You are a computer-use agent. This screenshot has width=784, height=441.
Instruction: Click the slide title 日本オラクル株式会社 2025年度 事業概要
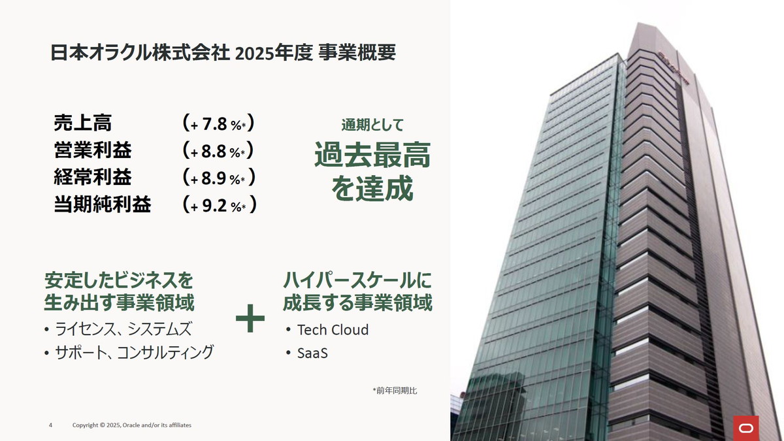[223, 53]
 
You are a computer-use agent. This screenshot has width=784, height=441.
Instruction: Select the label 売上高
[83, 123]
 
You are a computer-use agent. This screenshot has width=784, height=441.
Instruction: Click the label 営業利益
[93, 151]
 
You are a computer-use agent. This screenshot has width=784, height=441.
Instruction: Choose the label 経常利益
[93, 178]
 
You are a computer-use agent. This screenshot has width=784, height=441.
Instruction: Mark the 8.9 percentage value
[215, 178]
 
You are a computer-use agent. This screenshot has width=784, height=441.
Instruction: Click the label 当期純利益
[103, 205]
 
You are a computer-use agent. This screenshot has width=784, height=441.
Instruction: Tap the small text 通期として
[372, 125]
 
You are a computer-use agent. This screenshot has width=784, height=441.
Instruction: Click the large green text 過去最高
[372, 157]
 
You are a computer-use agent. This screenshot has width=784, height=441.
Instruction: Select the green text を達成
[372, 189]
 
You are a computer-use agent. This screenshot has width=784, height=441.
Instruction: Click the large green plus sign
[250, 319]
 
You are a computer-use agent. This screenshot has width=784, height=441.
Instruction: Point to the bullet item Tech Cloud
[333, 330]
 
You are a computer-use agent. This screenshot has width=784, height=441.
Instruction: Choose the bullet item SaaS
[312, 353]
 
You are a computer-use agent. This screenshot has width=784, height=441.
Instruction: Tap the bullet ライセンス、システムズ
[123, 329]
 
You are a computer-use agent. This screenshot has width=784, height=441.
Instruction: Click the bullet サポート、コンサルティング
[134, 353]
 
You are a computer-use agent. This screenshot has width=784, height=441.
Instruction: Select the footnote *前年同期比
[395, 391]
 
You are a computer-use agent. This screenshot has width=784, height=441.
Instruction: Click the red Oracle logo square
[745, 428]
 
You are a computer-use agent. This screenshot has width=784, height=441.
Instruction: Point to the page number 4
[51, 425]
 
